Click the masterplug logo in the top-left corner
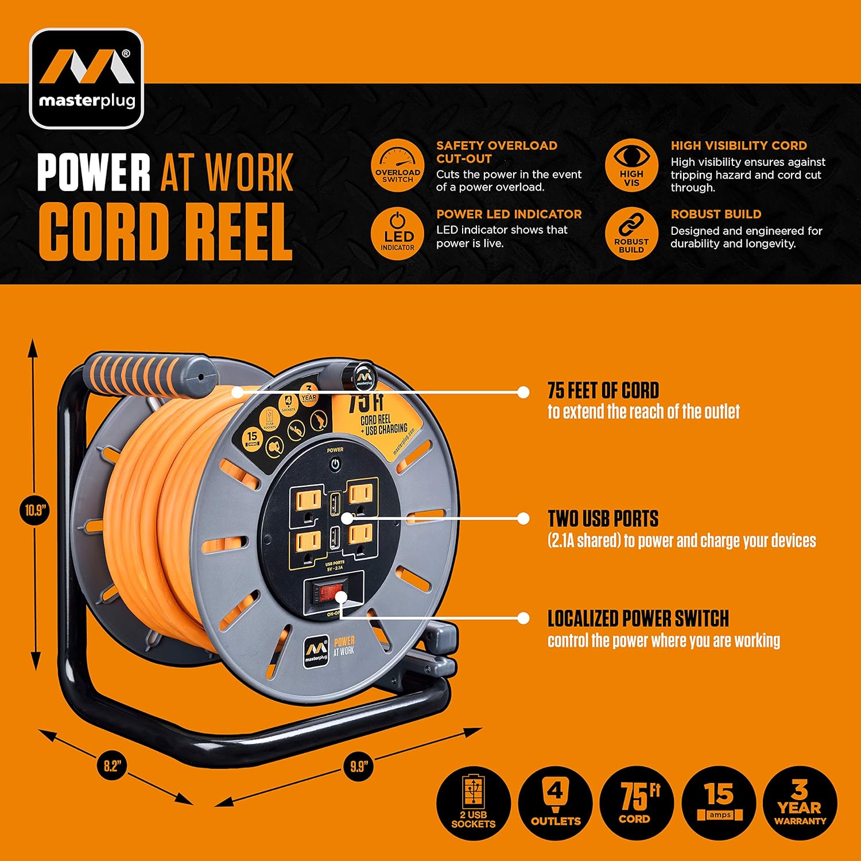86,79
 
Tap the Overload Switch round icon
397,166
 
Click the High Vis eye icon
631,166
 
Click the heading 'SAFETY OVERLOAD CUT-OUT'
496,152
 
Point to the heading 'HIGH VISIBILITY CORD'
738,146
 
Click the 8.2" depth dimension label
111,766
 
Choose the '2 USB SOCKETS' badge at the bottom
473,803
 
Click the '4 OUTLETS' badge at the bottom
555,803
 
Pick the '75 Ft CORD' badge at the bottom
636,803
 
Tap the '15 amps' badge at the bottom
719,803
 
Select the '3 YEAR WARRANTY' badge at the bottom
800,803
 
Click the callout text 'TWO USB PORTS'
603,519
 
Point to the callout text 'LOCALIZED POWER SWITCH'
638,619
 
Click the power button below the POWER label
335,464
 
